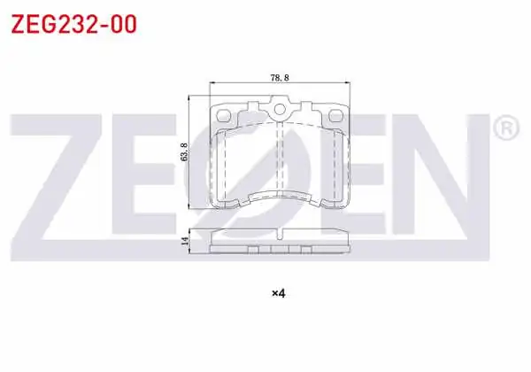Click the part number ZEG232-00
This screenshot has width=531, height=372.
click(x=73, y=24)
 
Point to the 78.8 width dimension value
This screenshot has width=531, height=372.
click(x=280, y=78)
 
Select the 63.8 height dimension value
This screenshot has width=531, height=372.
click(x=184, y=152)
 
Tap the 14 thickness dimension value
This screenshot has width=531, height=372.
click(x=185, y=241)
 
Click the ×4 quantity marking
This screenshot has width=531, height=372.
click(x=279, y=293)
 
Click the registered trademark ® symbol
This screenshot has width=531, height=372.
click(x=506, y=128)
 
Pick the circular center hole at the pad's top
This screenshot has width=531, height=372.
click(x=280, y=110)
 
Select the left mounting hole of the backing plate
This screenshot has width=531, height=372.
click(x=223, y=115)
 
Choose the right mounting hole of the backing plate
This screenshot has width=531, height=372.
click(x=335, y=115)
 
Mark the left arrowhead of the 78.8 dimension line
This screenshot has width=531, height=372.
click(x=212, y=82)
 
